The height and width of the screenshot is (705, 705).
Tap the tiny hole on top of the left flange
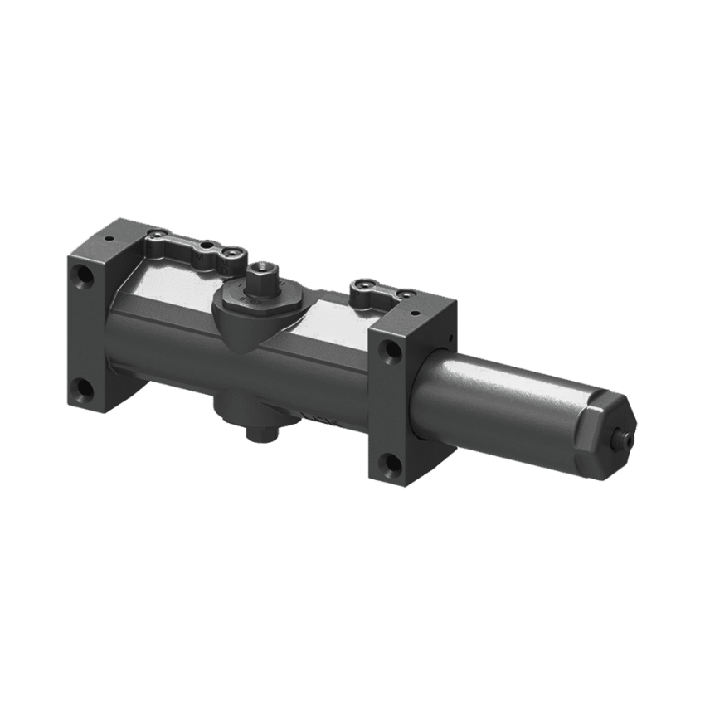click(109, 238)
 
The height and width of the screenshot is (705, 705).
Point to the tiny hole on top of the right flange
click(409, 310)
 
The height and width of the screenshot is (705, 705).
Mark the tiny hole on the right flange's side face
click(447, 338)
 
